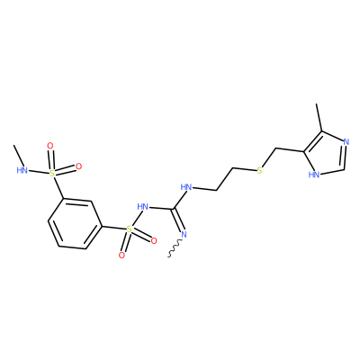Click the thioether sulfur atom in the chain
click(260, 171)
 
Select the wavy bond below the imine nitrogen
click(175, 247)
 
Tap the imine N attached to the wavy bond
click(184, 235)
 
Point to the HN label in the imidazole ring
click(314, 175)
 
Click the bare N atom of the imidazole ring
click(346, 142)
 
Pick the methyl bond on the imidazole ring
click(319, 118)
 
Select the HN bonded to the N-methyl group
click(22, 170)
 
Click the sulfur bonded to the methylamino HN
click(52, 173)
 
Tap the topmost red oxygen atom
click(50, 146)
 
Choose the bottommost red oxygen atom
click(121, 256)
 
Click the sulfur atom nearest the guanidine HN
click(129, 229)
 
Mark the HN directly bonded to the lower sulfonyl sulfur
click(143, 206)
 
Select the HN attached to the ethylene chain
click(186, 188)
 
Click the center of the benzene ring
click(75, 223)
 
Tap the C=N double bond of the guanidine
click(178, 220)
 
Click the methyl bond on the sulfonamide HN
click(19, 156)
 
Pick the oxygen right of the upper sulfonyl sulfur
click(78, 166)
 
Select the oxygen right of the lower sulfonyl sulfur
click(154, 240)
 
